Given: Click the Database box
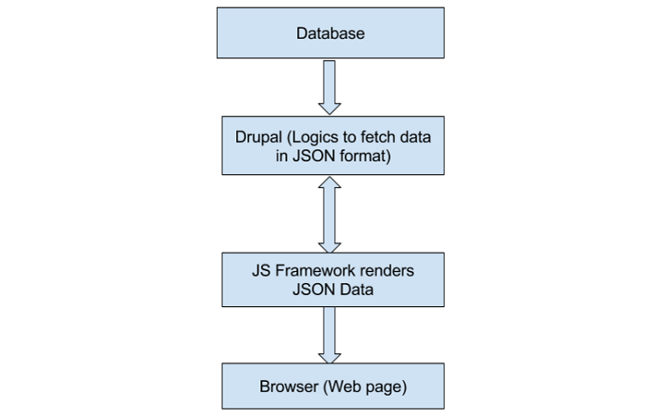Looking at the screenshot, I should (330, 33).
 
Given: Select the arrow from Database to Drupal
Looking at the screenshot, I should (330, 88).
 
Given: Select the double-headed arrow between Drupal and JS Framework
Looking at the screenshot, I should (330, 215).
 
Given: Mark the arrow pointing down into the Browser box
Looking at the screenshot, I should (330, 334).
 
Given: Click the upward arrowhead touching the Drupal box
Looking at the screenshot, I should (330, 184).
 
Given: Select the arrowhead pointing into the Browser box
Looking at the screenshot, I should (330, 355).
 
